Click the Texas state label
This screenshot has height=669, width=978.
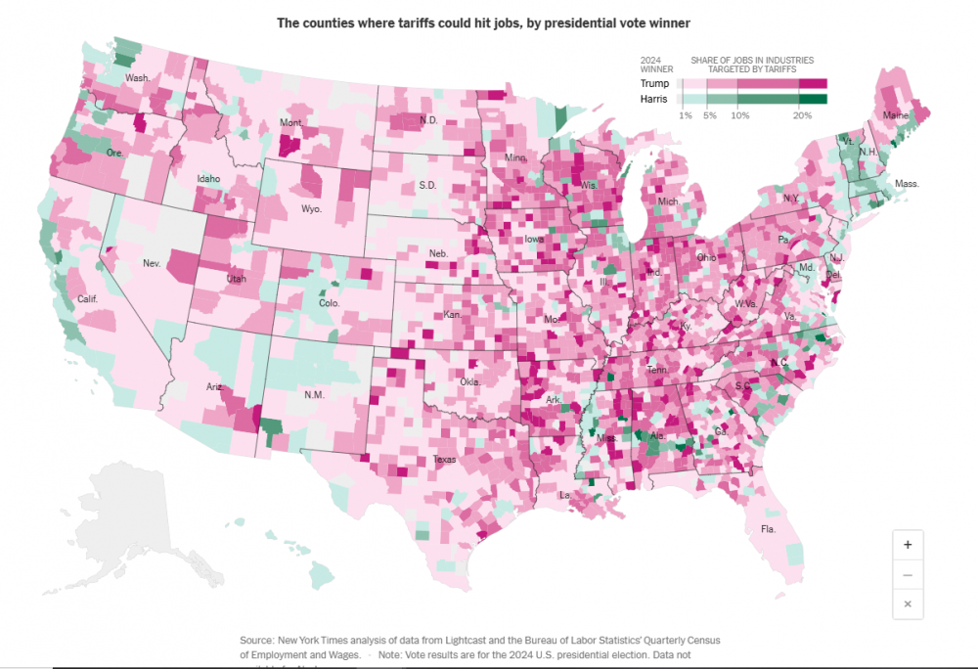(445, 459)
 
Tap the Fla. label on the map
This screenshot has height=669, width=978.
(768, 529)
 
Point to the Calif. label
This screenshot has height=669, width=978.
(87, 298)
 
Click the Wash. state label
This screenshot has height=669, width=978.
(137, 78)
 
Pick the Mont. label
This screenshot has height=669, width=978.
(291, 123)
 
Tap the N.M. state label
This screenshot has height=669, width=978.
(315, 394)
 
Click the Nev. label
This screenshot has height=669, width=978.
(152, 263)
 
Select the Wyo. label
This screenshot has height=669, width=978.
(311, 209)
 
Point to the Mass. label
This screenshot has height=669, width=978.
(907, 184)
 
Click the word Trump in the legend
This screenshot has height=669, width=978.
(654, 84)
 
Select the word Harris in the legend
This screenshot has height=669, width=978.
(654, 99)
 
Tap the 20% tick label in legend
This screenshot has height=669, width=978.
(802, 115)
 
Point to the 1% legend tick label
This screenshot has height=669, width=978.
(686, 115)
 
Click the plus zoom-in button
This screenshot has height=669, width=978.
(908, 545)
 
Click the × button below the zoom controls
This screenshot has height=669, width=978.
(908, 604)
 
